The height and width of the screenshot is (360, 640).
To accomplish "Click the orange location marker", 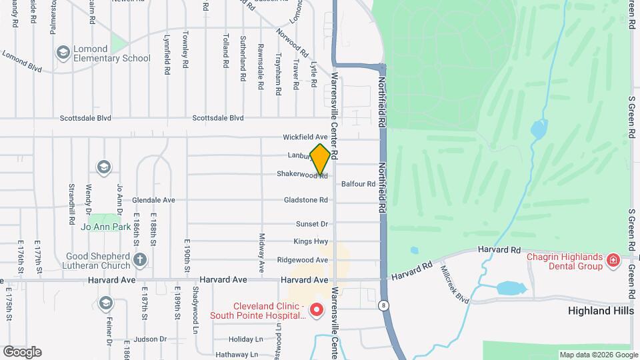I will click(x=320, y=159).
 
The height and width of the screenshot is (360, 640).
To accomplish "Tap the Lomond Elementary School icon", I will click(x=63, y=52).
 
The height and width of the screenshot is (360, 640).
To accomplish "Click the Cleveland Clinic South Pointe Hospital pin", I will click(x=317, y=310).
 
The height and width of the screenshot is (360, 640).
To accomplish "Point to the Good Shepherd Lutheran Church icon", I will click(x=139, y=259).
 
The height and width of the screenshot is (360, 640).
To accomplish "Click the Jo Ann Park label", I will click(x=105, y=227).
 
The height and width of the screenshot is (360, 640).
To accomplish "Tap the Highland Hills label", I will click(x=599, y=311).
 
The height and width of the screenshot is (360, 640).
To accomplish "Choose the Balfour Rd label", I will click(x=358, y=184).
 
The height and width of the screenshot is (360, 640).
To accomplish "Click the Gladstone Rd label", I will click(x=306, y=200).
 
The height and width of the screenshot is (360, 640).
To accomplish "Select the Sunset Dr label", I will click(x=312, y=224).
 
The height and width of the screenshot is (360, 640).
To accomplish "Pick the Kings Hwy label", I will click(x=311, y=241).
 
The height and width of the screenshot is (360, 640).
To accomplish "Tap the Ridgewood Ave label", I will click(x=303, y=260).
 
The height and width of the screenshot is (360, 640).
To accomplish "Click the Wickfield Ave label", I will click(x=305, y=137).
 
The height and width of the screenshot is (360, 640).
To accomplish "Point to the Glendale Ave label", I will click(x=153, y=200).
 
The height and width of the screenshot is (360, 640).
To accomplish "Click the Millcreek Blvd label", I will click(x=455, y=285).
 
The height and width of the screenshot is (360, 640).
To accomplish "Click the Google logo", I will click(x=21, y=351).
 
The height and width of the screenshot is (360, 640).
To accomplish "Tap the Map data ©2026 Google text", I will click(x=598, y=355).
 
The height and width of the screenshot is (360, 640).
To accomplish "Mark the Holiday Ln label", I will click(x=246, y=339).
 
